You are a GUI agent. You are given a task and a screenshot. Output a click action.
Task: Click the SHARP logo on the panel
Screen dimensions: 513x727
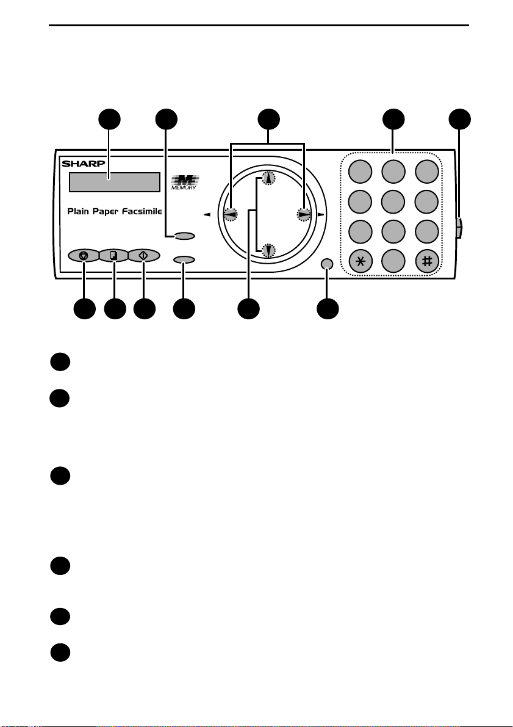coord(84,164)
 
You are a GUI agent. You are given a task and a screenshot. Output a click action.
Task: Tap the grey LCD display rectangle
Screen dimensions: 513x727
coord(115,183)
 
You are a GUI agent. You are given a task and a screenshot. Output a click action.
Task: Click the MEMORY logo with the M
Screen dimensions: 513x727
coord(184,182)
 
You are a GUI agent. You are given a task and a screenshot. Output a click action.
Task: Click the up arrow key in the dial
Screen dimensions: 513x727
coord(268,179)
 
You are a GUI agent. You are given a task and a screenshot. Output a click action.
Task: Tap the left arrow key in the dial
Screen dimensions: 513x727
coord(231,214)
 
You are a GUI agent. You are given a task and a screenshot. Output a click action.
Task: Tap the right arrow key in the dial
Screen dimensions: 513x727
coord(304,214)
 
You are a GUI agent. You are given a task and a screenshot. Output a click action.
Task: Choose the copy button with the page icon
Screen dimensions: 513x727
coord(113,256)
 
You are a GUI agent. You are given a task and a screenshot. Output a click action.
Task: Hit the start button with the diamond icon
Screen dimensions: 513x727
coord(143,256)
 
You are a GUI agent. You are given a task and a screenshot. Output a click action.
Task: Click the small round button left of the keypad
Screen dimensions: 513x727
coord(327,264)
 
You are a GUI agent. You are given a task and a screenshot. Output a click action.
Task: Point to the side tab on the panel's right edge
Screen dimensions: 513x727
coord(459,228)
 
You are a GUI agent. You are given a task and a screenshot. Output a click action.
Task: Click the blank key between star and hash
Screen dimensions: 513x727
coord(393,261)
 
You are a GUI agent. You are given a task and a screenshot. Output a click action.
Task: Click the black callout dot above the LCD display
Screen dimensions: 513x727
coord(110,119)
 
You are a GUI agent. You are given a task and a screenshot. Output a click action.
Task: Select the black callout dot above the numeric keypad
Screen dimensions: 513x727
coord(393,119)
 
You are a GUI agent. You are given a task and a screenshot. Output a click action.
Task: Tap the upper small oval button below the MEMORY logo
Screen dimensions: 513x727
coord(184,236)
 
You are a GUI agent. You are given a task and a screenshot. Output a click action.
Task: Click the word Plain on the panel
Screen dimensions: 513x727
coord(78,211)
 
